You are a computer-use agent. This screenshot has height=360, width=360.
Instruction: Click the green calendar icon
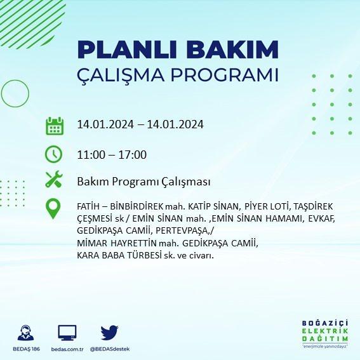tap(55, 126)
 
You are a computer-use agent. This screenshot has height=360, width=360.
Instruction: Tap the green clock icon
tap(53, 154)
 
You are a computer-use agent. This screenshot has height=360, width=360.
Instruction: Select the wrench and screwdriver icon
tap(54, 179)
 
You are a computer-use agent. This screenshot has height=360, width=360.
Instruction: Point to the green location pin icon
tap(53, 208)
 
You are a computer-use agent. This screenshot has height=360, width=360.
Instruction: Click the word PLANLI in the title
tap(127, 50)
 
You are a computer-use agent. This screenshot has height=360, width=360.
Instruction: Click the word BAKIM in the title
tap(232, 50)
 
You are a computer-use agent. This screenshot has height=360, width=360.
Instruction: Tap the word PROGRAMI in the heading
tap(225, 75)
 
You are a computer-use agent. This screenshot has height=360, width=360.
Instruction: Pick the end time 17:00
tap(133, 154)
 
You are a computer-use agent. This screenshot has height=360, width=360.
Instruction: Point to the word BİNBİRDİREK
tap(137, 206)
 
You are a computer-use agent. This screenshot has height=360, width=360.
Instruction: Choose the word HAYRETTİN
tap(133, 243)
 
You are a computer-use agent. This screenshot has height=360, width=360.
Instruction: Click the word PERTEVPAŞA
tap(182, 230)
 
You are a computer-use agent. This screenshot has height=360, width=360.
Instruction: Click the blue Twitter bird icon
tap(109, 333)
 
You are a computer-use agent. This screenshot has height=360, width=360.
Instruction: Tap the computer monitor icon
tap(67, 333)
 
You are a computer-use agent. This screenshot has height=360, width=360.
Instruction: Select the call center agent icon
tap(25, 333)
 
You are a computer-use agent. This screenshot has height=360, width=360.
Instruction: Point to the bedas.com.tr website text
tap(67, 349)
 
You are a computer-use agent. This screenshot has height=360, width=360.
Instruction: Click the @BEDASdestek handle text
tap(110, 349)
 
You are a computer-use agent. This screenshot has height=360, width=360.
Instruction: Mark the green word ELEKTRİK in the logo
tap(325, 331)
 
